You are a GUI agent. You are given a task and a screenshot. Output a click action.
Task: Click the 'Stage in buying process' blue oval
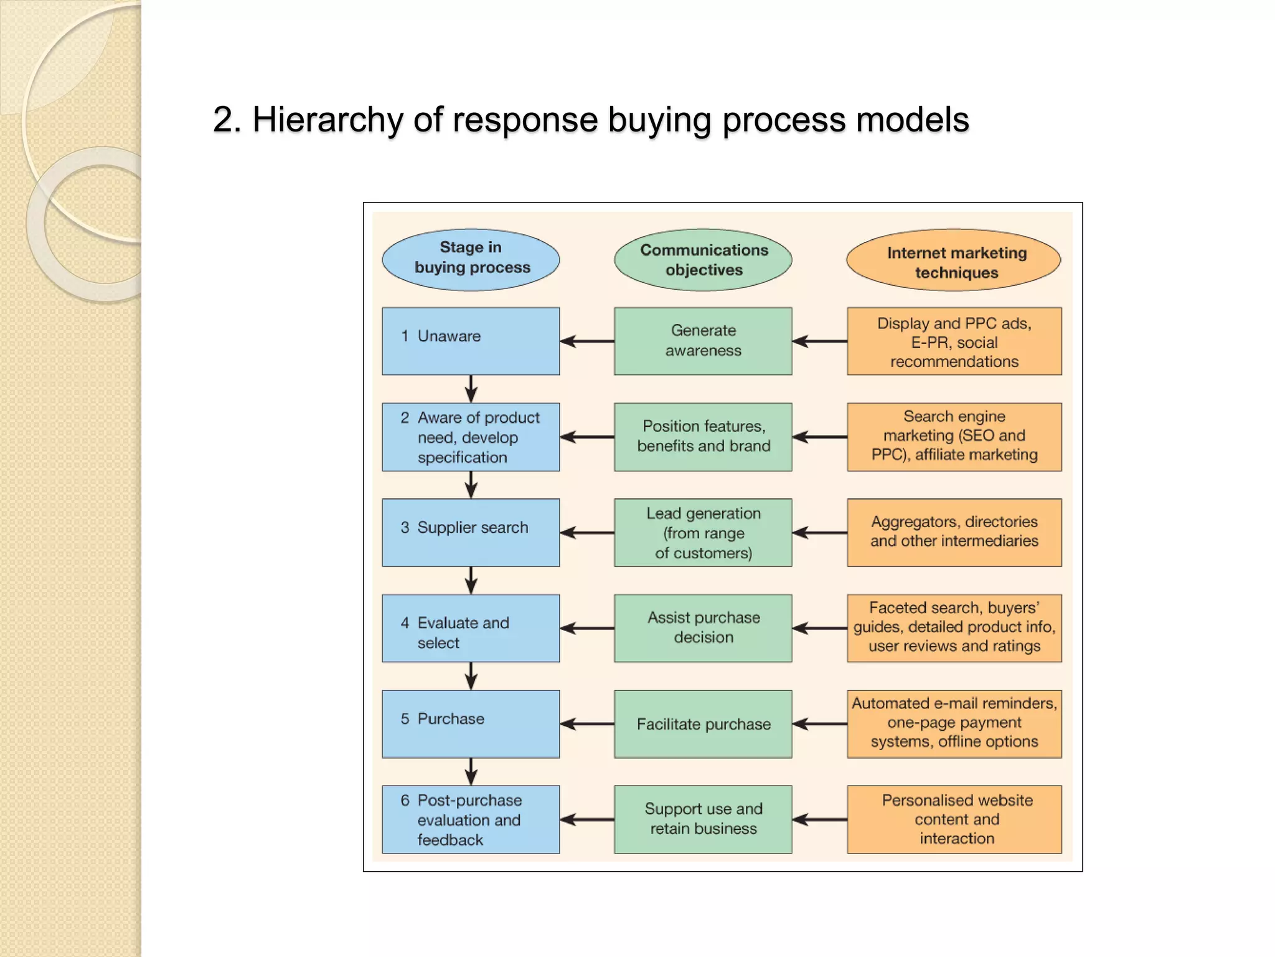pyautogui.click(x=471, y=259)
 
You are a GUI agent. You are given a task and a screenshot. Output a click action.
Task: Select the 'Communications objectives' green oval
pyautogui.click(x=703, y=259)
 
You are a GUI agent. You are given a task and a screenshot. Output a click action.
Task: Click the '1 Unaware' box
pyautogui.click(x=471, y=341)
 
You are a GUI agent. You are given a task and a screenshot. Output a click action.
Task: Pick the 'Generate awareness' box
pyautogui.click(x=703, y=341)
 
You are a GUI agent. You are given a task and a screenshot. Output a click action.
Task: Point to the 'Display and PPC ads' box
pyautogui.click(x=954, y=341)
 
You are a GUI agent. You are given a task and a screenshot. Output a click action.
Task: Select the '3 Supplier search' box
pyautogui.click(x=471, y=532)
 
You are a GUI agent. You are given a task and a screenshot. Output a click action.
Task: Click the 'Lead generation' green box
pyautogui.click(x=703, y=532)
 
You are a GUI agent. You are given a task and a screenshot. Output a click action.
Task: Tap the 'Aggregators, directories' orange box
pyautogui.click(x=954, y=532)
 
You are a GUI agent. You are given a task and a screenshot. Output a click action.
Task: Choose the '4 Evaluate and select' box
pyautogui.click(x=471, y=628)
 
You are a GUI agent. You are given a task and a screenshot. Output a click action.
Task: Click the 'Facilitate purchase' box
pyautogui.click(x=703, y=723)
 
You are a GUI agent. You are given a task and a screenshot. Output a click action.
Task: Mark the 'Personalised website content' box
pyautogui.click(x=954, y=819)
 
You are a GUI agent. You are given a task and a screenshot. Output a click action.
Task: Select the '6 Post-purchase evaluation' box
pyautogui.click(x=471, y=819)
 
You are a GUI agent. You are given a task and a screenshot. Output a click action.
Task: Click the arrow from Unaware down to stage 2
pyautogui.click(x=471, y=389)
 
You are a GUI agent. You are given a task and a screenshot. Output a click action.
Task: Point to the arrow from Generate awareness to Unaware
pyautogui.click(x=586, y=341)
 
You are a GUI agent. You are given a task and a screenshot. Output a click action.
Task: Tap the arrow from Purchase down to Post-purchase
pyautogui.click(x=471, y=771)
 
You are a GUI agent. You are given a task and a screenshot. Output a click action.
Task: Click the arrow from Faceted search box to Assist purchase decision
pyautogui.click(x=819, y=628)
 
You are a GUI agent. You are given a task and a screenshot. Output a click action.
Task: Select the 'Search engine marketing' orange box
pyautogui.click(x=954, y=436)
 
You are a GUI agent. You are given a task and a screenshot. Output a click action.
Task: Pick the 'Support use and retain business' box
pyautogui.click(x=703, y=819)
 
